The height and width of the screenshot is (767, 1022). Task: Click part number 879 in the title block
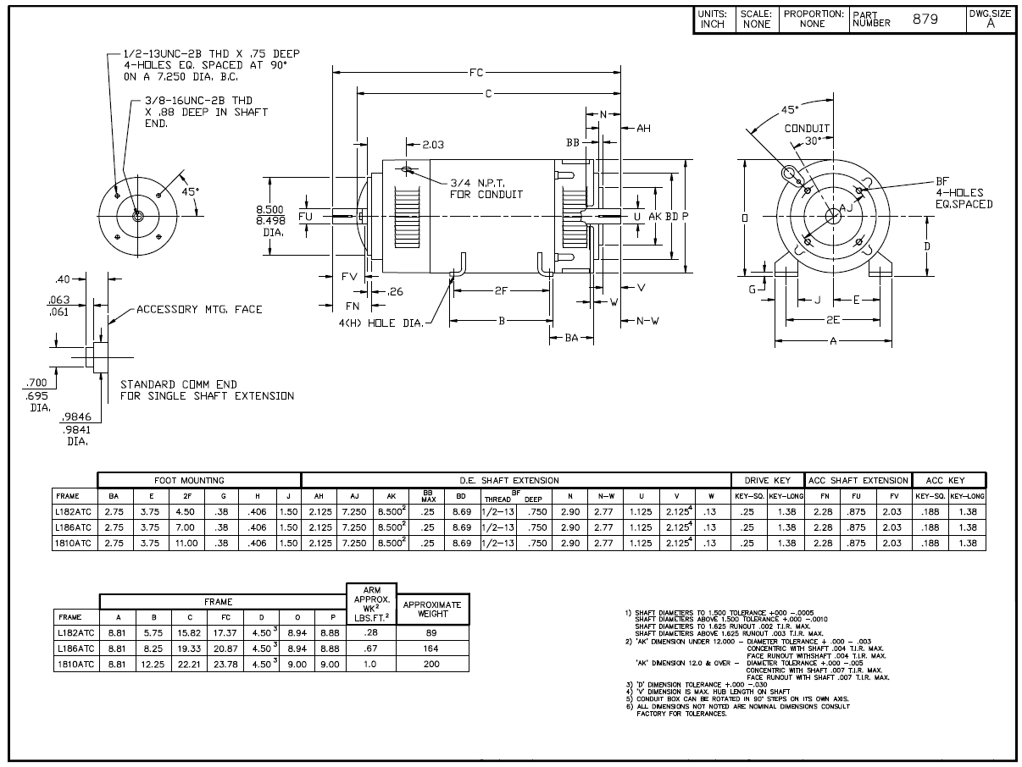click(x=925, y=19)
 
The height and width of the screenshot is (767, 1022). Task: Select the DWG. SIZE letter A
click(x=989, y=24)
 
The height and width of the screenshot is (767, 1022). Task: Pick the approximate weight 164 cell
click(x=432, y=648)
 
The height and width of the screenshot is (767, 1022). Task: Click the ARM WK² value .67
click(x=370, y=648)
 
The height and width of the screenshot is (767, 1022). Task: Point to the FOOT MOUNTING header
click(x=189, y=481)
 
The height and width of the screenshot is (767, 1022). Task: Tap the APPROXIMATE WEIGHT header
click(x=432, y=610)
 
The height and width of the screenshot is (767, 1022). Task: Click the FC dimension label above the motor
click(x=476, y=73)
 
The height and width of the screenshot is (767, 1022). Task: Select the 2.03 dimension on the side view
click(x=433, y=144)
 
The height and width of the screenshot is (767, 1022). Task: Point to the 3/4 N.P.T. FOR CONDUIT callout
click(x=486, y=188)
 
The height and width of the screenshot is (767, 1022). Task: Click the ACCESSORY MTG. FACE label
click(x=199, y=310)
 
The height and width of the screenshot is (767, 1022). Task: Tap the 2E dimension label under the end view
click(x=835, y=320)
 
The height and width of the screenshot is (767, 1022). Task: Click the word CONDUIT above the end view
click(x=807, y=129)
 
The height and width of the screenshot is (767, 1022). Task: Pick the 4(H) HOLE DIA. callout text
click(x=384, y=323)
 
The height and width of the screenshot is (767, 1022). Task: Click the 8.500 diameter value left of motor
click(x=270, y=208)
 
